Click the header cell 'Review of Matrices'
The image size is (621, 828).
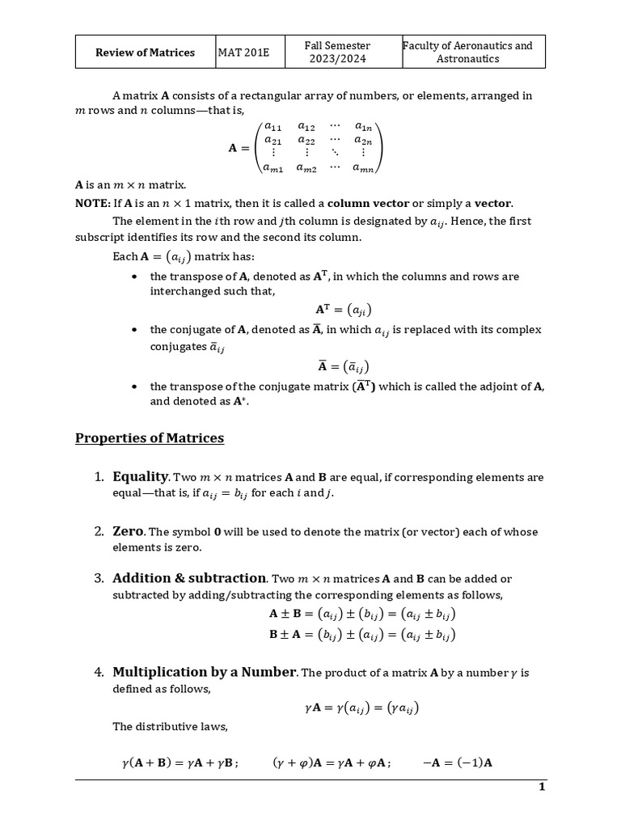tap(145, 53)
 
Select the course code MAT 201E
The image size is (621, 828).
tap(243, 53)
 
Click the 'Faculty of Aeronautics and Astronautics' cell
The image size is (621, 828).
tap(473, 53)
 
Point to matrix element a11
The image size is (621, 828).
tap(272, 126)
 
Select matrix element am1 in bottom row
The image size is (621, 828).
tap(272, 167)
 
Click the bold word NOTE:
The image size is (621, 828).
tap(92, 203)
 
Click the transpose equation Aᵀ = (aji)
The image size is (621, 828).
tap(344, 310)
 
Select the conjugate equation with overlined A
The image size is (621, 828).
tap(344, 365)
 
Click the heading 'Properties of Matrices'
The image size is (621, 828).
tap(150, 438)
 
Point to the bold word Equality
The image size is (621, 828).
tap(140, 476)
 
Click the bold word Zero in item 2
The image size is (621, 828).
tap(128, 531)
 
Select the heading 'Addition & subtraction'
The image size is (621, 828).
tap(189, 578)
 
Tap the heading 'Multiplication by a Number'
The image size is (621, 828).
tap(205, 672)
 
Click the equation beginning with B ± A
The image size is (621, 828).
tap(362, 635)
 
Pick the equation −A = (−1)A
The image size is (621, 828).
tap(458, 762)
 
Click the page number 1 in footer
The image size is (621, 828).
tap(542, 788)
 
